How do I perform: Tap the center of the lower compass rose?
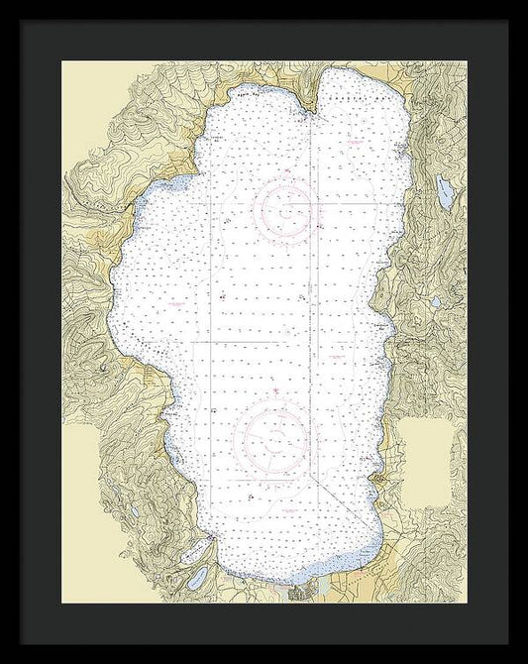point(270,434)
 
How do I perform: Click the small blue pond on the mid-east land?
point(435,302)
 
